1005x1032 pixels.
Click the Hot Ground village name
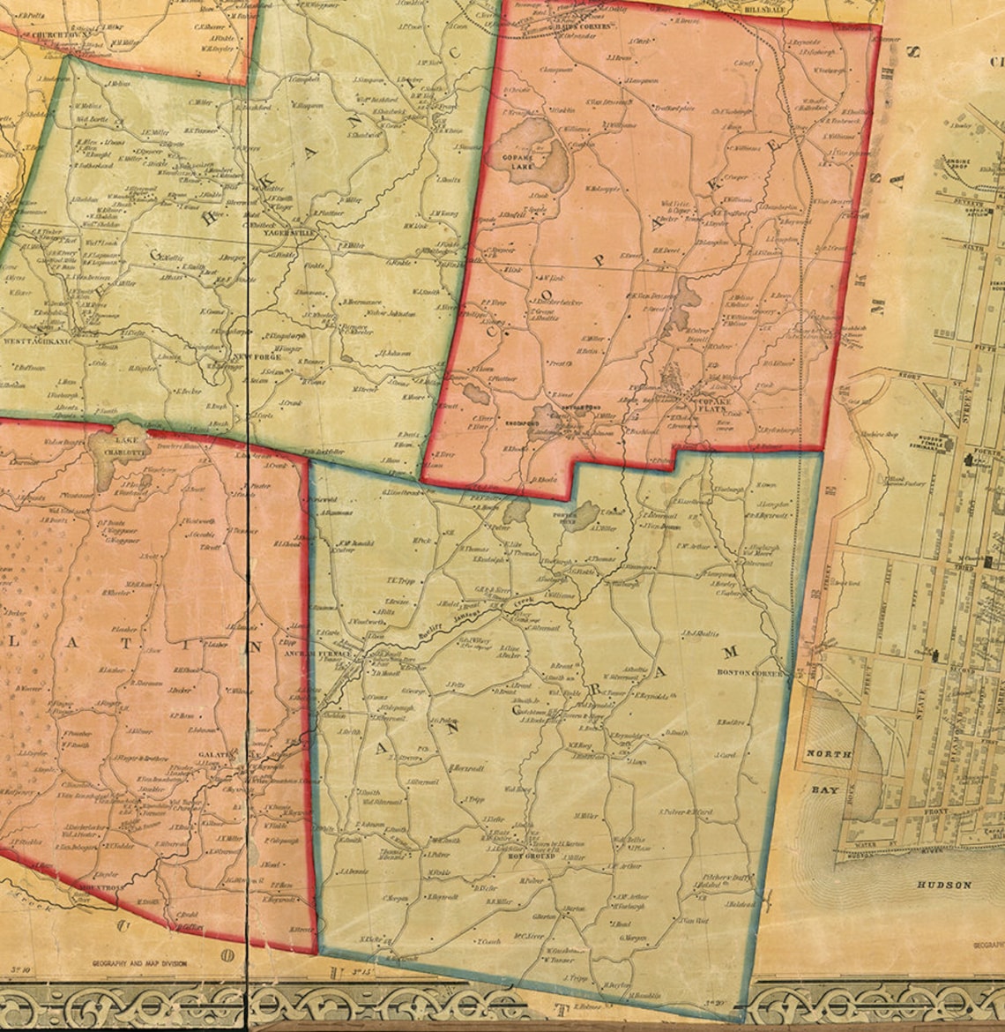(x=530, y=856)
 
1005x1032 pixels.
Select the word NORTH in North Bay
(x=829, y=754)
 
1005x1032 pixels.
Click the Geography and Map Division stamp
(x=140, y=964)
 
